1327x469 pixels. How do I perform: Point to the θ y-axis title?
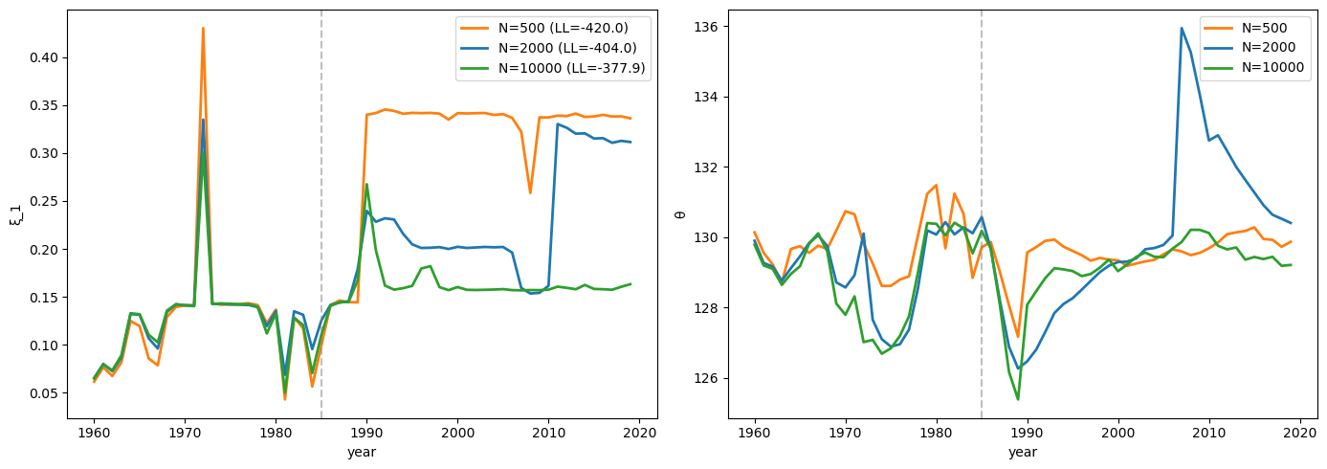(x=680, y=214)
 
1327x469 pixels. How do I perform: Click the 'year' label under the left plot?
(x=362, y=452)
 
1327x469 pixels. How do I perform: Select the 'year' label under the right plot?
(x=1023, y=452)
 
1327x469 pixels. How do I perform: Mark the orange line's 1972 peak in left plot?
(x=203, y=29)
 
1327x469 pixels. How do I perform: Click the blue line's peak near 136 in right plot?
(x=1182, y=28)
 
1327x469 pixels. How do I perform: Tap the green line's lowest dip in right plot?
(x=1018, y=399)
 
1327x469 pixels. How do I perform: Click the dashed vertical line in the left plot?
(x=321, y=239)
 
